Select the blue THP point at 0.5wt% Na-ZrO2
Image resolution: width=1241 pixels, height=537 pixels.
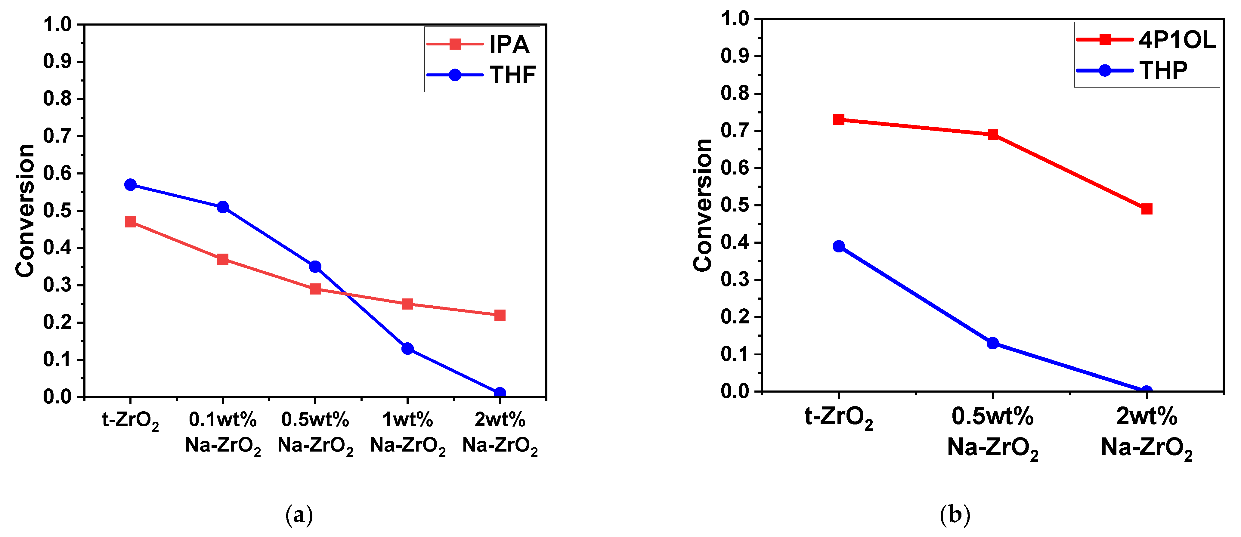(992, 343)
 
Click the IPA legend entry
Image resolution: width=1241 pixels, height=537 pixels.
(482, 44)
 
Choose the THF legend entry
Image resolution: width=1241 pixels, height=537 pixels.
(482, 75)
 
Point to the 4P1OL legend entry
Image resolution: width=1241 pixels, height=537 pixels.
(1147, 39)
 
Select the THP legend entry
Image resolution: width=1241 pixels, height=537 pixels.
(1132, 71)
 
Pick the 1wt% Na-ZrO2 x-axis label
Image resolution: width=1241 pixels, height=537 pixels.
(407, 433)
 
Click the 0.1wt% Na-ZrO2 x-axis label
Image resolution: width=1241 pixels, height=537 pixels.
(223, 433)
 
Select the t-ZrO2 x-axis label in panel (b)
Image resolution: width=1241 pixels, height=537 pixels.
(839, 417)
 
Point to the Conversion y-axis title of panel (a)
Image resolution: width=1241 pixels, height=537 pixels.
(25, 211)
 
